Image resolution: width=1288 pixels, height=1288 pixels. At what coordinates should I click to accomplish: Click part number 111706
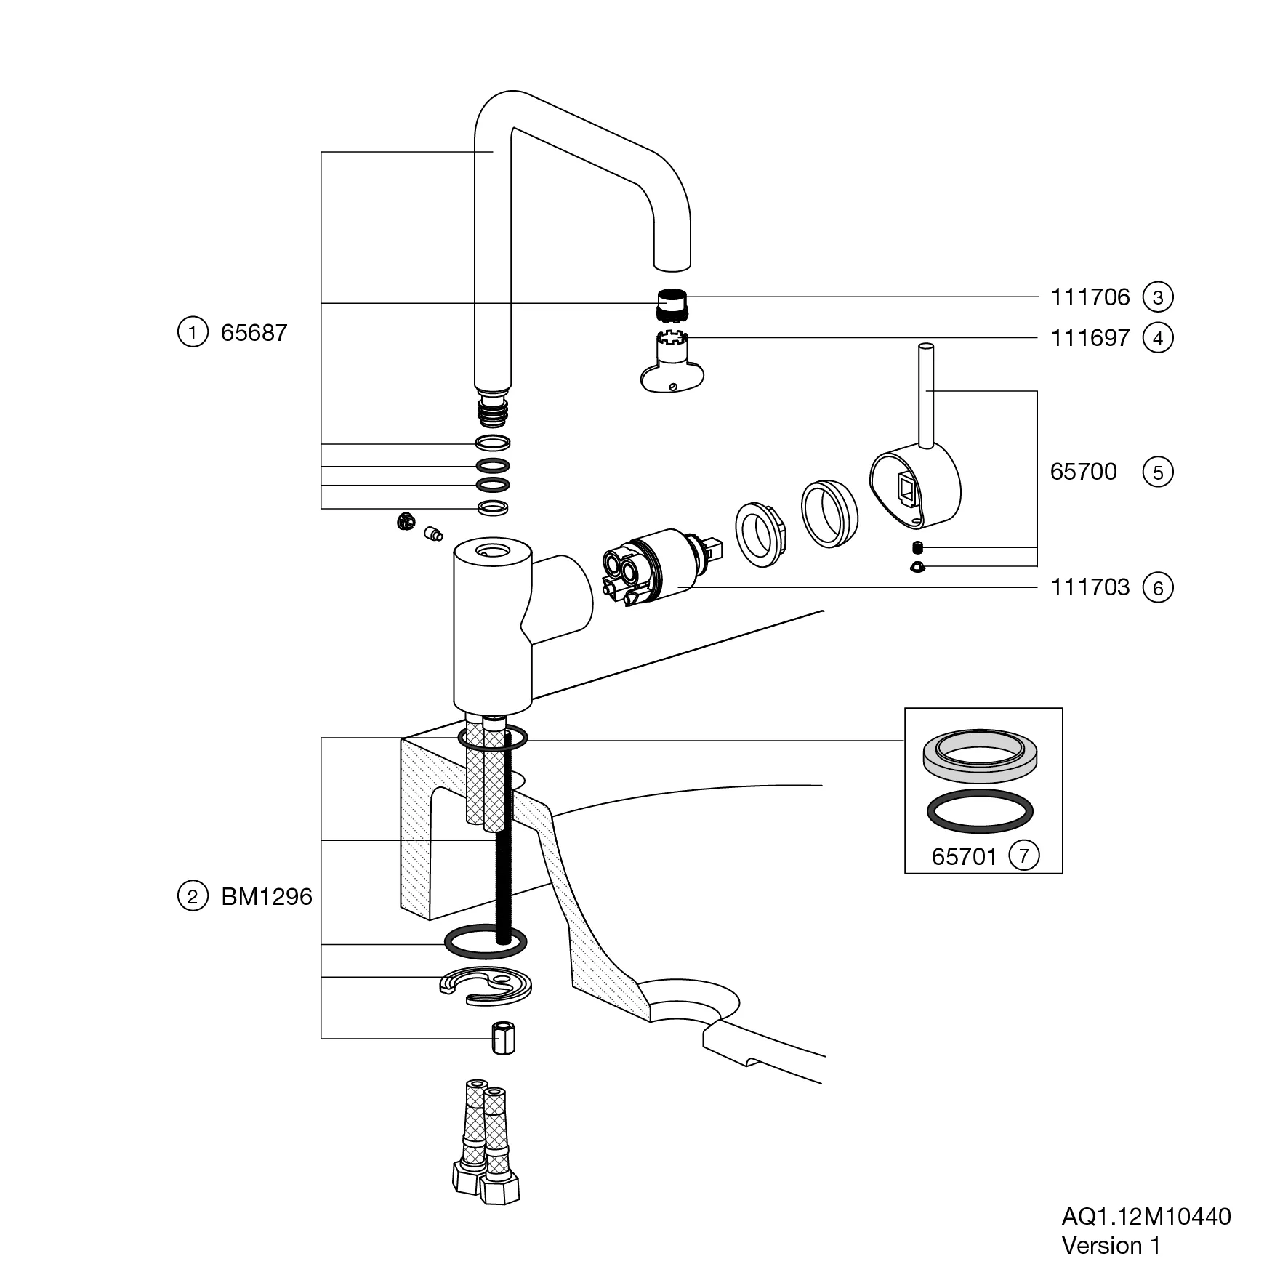pyautogui.click(x=1090, y=297)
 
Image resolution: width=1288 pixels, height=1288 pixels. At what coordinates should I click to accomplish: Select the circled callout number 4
pyautogui.click(x=1158, y=338)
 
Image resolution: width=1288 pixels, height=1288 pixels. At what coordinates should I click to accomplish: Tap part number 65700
pyautogui.click(x=1083, y=472)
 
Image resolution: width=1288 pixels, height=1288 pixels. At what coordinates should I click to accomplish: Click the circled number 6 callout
pyautogui.click(x=1158, y=587)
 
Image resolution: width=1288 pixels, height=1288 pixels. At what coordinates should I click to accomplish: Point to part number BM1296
pyautogui.click(x=266, y=897)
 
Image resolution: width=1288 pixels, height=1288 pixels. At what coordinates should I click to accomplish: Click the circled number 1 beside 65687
pyautogui.click(x=193, y=333)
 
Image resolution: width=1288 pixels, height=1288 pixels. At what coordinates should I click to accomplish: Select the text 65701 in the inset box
pyautogui.click(x=965, y=857)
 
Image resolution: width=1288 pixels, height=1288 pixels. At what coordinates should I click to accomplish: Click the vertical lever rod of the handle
pyautogui.click(x=925, y=396)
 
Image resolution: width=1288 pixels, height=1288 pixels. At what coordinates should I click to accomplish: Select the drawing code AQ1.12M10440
pyautogui.click(x=1146, y=1217)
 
